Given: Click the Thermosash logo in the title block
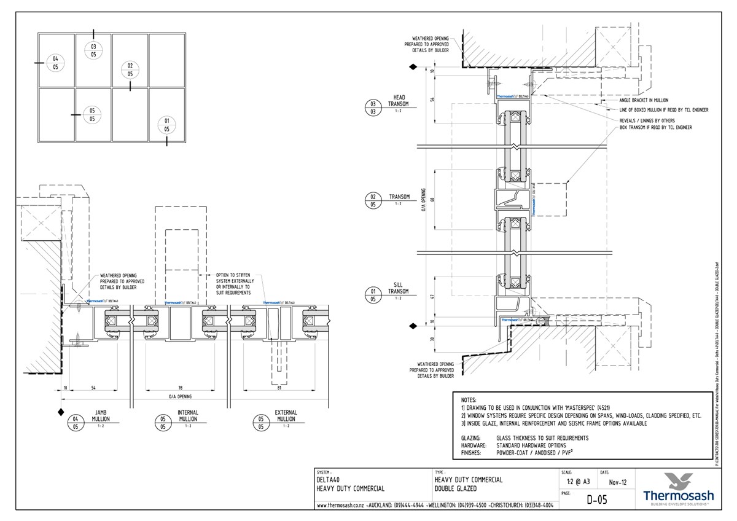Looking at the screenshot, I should [x=677, y=489].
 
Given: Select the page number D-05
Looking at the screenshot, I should [x=593, y=500].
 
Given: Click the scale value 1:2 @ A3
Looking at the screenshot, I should [x=574, y=482].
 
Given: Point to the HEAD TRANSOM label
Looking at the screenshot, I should [x=399, y=101].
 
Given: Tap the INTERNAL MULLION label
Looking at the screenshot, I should [x=187, y=416].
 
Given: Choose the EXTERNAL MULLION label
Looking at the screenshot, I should [x=286, y=416].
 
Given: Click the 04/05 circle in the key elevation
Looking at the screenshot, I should [x=55, y=63].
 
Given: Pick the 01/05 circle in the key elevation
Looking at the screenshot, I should [x=166, y=125].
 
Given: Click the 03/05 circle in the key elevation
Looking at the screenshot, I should [x=93, y=50].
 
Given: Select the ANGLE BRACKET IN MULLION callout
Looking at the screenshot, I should [x=643, y=100].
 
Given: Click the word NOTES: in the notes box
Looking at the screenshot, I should [x=469, y=399].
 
